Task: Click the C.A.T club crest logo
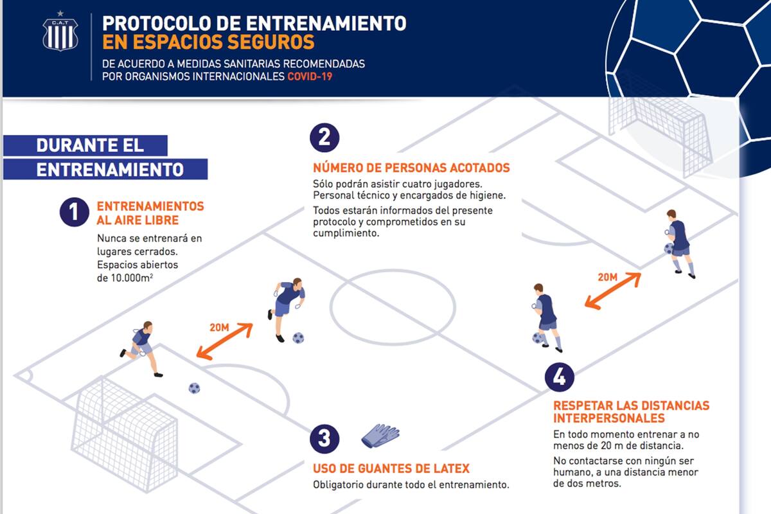point(60,33)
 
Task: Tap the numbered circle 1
point(75,213)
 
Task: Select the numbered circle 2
point(324,137)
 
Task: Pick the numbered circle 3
point(324,439)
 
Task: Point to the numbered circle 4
point(560,377)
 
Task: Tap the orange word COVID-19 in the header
point(310,76)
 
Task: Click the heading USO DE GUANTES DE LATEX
point(391,468)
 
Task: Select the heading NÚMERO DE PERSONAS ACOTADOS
point(411,168)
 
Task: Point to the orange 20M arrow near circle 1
point(225,341)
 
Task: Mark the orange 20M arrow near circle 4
point(612,290)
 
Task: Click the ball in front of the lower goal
point(194,388)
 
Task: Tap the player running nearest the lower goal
point(142,348)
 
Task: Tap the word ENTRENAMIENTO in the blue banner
point(110,170)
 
